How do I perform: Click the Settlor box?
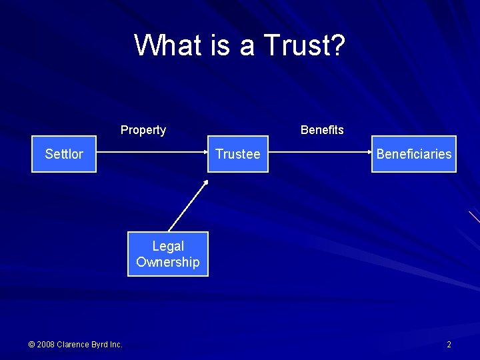[64, 154]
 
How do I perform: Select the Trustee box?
[237, 154]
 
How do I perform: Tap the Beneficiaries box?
[413, 154]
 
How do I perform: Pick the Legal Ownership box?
[168, 254]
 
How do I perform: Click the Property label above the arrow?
[143, 130]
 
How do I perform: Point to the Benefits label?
[322, 130]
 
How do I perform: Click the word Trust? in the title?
[305, 45]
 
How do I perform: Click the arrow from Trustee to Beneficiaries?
[320, 154]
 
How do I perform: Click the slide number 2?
[449, 345]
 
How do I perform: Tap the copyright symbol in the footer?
[31, 345]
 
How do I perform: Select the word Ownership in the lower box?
[168, 262]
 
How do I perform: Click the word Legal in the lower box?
[168, 246]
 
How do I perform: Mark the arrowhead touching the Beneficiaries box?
[369, 154]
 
